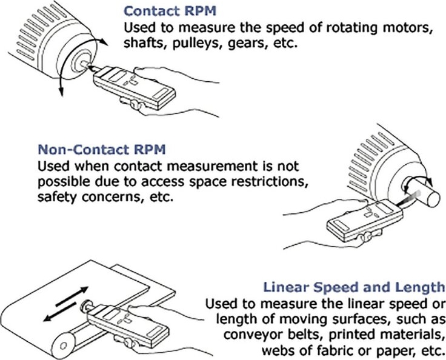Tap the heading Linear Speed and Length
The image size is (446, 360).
(353, 287)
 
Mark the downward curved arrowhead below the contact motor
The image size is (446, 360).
(61, 92)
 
